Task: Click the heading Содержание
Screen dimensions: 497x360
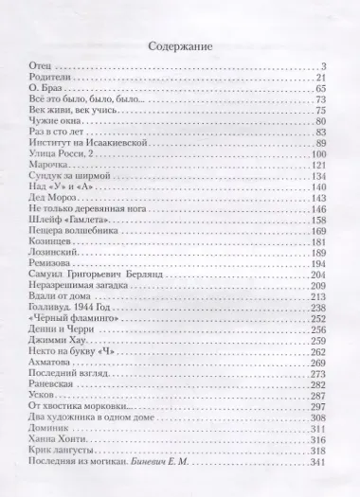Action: (x=180, y=45)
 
